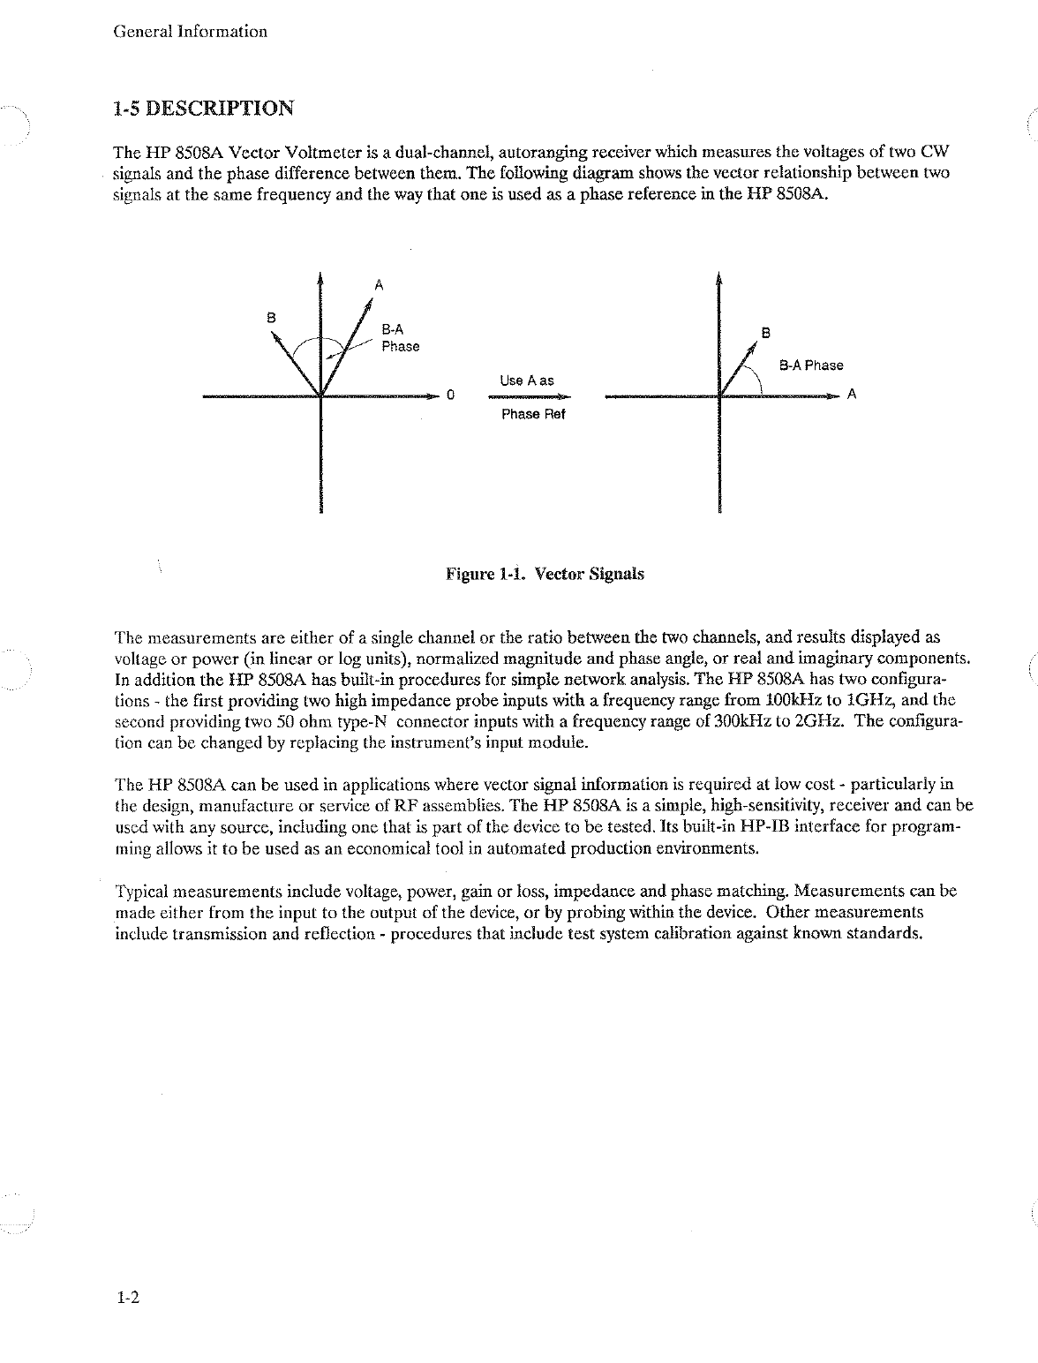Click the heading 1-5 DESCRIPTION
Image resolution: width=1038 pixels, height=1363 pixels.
[204, 109]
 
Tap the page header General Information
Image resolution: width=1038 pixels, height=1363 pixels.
[191, 32]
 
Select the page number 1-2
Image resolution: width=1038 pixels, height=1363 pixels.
[128, 1298]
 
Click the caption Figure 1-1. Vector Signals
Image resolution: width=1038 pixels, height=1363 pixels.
[545, 574]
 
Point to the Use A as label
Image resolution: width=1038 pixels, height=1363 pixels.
[527, 380]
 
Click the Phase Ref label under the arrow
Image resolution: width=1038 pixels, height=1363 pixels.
[532, 415]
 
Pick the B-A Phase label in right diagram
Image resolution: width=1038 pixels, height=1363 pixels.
[810, 365]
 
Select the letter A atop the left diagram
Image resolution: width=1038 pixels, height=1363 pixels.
[379, 284]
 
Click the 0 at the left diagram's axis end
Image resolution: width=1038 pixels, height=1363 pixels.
[449, 395]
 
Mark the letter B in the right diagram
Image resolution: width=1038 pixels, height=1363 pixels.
[765, 334]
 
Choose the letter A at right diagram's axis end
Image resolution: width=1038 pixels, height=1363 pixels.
[852, 395]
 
